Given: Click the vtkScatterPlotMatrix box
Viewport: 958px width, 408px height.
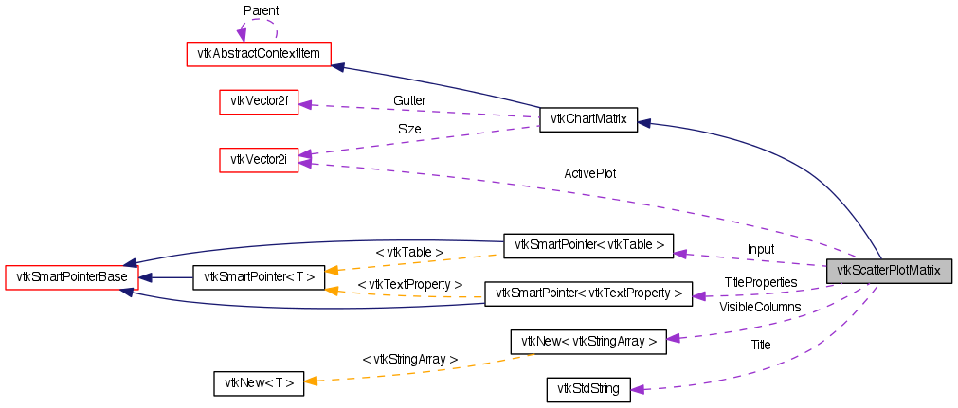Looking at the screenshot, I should click(888, 271).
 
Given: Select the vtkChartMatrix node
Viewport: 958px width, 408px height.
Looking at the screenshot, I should click(588, 119).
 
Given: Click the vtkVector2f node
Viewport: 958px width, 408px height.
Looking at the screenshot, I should click(259, 101).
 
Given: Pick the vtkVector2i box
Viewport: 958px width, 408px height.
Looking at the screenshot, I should click(259, 160).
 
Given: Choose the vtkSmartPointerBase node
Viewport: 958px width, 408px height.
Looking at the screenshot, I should click(72, 277).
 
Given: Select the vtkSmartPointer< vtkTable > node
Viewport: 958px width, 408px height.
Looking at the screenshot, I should click(588, 246).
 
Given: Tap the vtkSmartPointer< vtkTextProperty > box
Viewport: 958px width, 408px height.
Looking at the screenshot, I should click(588, 293).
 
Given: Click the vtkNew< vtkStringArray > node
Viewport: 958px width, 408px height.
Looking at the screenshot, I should click(588, 342).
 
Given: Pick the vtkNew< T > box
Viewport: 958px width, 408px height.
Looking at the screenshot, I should click(259, 383).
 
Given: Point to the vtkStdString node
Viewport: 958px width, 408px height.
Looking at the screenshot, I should click(588, 389).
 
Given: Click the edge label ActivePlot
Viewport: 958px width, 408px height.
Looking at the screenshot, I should click(590, 174).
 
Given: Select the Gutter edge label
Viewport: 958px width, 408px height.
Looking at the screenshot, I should click(409, 100).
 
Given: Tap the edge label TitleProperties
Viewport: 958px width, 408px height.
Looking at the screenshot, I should click(761, 282).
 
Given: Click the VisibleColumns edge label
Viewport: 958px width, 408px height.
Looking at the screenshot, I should click(760, 307).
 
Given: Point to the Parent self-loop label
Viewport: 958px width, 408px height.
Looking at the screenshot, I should click(261, 10).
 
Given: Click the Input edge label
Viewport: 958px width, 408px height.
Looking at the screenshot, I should click(761, 250).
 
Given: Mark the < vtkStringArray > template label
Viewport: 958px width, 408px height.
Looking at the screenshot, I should click(410, 360).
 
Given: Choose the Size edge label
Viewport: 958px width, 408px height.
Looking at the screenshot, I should click(409, 129).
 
